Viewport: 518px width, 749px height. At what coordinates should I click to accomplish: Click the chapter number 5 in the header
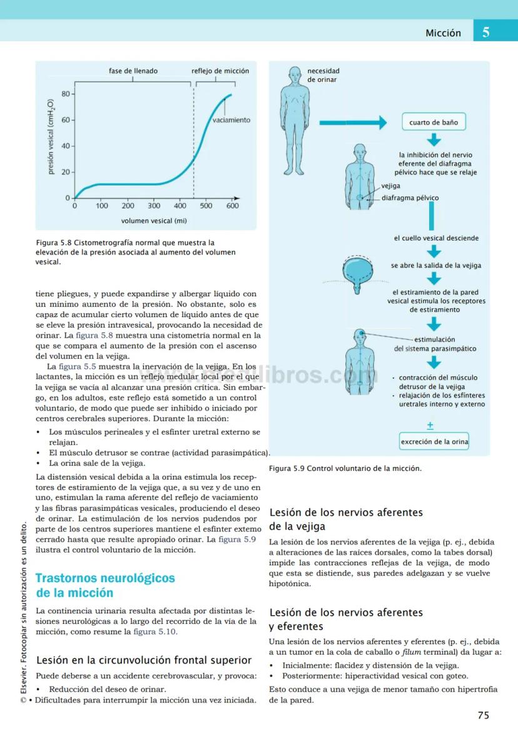(486, 33)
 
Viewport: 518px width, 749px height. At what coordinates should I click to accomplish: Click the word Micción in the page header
(443, 33)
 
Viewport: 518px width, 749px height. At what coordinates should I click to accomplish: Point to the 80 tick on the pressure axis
(65, 94)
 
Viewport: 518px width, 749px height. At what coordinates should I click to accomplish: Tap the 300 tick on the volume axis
(154, 206)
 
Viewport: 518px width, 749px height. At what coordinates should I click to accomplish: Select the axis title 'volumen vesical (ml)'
(154, 221)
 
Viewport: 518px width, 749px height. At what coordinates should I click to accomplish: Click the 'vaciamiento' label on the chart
(231, 120)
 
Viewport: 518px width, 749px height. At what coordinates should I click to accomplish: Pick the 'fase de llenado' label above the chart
(133, 71)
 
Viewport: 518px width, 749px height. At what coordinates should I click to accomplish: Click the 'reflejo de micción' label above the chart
(220, 71)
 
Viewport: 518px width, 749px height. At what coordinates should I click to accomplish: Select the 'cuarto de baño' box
(434, 123)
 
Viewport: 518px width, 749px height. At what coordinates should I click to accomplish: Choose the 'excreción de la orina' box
(435, 442)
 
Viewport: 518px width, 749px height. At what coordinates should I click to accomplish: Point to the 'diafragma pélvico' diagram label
(410, 198)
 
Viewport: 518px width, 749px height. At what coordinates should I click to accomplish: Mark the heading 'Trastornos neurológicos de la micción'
(105, 585)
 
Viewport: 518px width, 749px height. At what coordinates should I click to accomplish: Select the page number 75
(483, 716)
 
